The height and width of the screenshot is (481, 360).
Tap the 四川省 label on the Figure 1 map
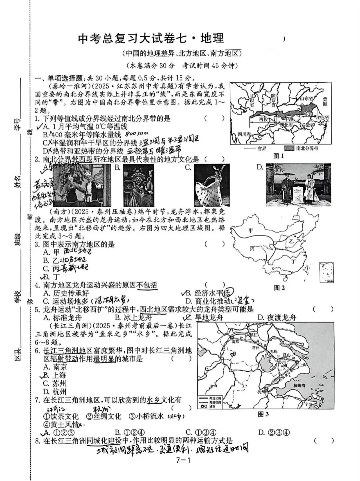pos(244,134)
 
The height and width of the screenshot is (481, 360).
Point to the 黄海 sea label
pos(325,102)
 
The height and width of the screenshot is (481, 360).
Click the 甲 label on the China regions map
pos(251,230)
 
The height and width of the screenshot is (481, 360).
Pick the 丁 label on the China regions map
pos(293,262)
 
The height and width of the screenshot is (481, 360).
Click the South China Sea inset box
pos(326,273)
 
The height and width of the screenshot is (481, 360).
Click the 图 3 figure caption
pos(263,414)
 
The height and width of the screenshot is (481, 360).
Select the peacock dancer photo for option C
pos(212,185)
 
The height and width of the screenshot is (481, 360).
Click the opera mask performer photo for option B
pos(138,185)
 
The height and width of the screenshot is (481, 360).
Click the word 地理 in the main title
pos(212,38)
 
